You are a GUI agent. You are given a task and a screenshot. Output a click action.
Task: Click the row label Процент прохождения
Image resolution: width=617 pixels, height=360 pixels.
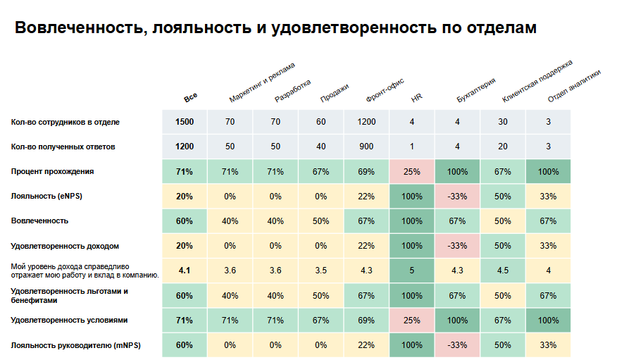point(53,171)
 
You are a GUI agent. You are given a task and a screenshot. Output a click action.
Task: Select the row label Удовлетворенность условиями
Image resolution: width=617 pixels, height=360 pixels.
point(69,320)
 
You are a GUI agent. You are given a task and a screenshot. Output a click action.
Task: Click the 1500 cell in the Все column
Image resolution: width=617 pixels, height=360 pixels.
point(185,122)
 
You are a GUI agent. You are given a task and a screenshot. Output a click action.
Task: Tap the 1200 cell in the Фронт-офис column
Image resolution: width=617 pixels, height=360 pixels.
point(366,122)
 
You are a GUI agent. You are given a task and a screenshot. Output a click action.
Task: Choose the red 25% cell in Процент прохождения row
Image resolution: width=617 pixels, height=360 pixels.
point(412,172)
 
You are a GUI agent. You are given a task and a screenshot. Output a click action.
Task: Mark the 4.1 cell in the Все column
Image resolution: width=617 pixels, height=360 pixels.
point(185,271)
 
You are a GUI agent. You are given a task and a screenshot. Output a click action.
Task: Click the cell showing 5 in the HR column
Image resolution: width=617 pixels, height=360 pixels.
point(412,271)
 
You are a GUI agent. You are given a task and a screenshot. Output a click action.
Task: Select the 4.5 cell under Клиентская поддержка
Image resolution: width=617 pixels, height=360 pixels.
point(503,271)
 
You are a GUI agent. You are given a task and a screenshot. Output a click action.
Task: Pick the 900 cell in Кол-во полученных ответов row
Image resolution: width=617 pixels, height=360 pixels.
point(366,147)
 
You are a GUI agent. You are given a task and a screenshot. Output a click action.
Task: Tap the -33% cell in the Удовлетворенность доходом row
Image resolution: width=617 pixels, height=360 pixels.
point(457,246)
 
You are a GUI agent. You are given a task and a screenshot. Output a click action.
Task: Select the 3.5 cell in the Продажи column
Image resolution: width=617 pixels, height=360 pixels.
point(321,271)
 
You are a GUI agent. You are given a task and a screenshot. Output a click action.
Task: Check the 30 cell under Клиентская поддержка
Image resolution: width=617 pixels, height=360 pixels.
point(503,122)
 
